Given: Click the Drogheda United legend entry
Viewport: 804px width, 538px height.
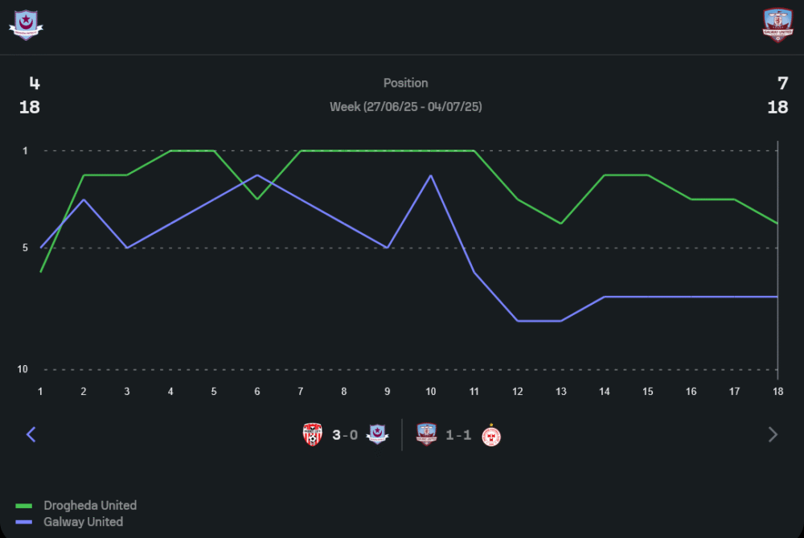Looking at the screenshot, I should click(x=89, y=506).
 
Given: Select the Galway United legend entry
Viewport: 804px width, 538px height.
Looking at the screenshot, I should click(x=84, y=522).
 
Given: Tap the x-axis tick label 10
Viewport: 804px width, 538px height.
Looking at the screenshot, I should click(x=431, y=391).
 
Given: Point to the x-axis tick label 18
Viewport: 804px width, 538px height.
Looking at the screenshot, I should click(x=777, y=391).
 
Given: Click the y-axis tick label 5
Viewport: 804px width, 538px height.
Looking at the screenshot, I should click(x=25, y=248).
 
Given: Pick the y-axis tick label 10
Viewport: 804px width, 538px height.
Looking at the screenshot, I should click(x=23, y=369).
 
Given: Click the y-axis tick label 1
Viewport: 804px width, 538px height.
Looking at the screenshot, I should click(x=25, y=150).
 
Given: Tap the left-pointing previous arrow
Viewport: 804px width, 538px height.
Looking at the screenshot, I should click(x=31, y=435).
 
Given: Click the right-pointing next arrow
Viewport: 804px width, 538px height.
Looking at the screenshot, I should click(x=773, y=435).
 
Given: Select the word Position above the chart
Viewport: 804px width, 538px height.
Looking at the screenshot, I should click(x=405, y=83).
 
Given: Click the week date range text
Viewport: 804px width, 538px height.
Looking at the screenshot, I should click(x=405, y=106).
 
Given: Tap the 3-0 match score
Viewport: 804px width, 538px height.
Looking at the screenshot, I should click(x=345, y=435).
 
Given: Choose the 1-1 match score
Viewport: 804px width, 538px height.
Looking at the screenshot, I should click(x=458, y=435).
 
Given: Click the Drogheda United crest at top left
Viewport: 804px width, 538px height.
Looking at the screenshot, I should click(x=26, y=24).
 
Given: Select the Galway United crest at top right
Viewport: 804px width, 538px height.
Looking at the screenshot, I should click(x=777, y=24).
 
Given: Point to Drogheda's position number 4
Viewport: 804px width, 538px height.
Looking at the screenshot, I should click(x=34, y=83).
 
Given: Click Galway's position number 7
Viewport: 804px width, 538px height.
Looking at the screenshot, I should click(x=782, y=83).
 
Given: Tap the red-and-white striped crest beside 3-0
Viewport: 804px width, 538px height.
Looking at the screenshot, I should click(x=313, y=435).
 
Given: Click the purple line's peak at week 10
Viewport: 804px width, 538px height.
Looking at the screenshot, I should click(x=431, y=175).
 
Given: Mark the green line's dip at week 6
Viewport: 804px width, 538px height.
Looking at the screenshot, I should click(x=257, y=199).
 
